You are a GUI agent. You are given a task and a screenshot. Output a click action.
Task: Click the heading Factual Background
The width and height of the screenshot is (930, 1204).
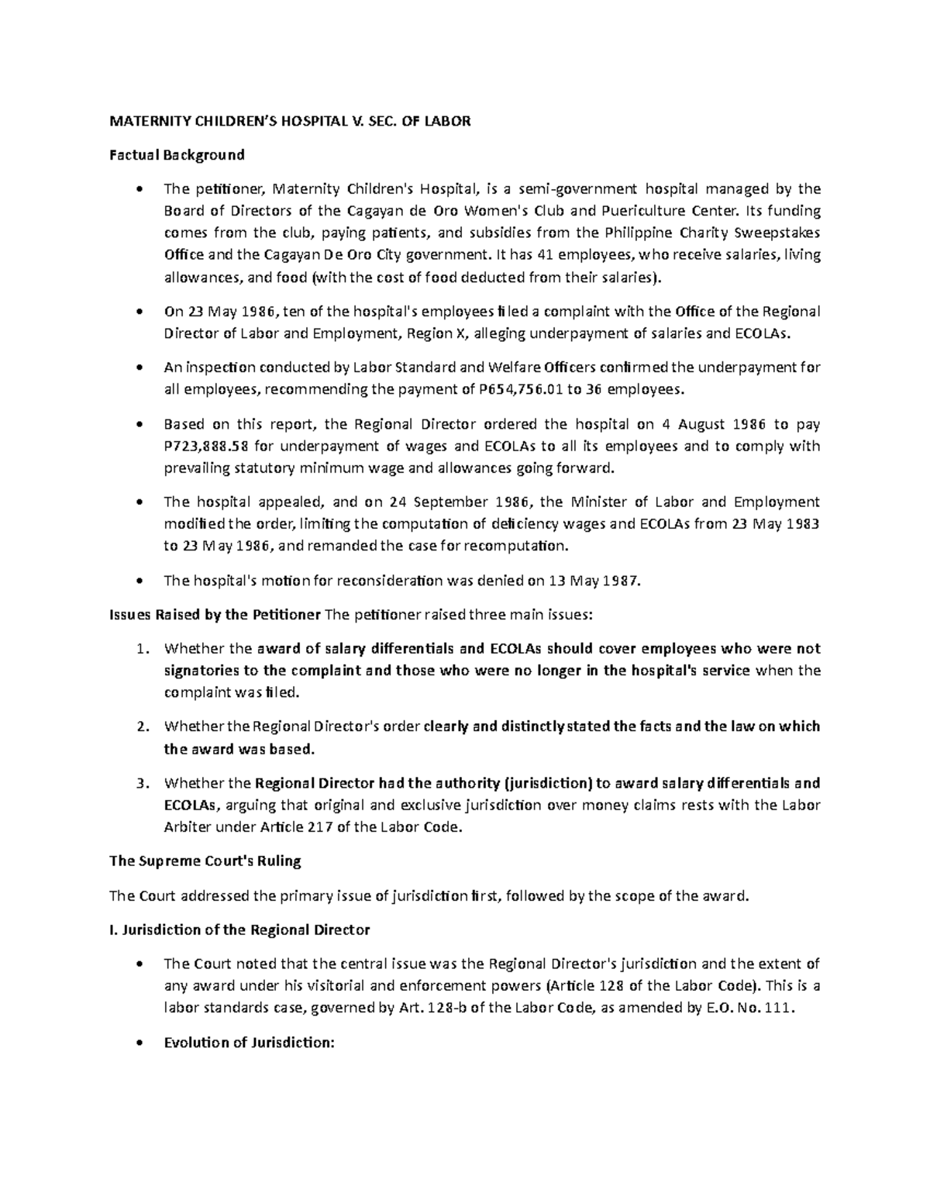coord(177,154)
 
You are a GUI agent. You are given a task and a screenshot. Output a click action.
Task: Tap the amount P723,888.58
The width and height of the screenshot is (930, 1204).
coord(208,446)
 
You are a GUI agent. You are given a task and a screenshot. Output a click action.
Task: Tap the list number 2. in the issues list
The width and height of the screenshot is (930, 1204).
coord(143,727)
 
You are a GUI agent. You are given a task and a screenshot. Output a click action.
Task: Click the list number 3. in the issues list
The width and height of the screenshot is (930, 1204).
coord(143,783)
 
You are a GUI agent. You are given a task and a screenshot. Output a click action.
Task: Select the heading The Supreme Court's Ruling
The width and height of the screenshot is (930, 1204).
coord(205,861)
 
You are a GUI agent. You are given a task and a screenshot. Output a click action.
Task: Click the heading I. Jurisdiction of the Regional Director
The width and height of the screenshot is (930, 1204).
coord(239,929)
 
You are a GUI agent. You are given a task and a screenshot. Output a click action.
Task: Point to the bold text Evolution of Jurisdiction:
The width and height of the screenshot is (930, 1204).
coord(249,1043)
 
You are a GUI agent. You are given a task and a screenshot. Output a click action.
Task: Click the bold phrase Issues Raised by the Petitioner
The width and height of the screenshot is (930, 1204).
coord(215,615)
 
